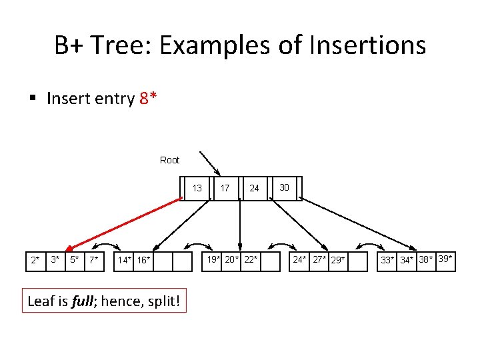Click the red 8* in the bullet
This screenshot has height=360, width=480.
149,99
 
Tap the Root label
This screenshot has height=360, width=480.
170,160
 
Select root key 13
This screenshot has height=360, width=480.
197,188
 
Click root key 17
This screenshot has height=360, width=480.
225,188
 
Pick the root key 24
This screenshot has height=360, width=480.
254,188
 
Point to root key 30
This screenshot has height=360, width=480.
284,187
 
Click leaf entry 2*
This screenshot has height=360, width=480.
35,259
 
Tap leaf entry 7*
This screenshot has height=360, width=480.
95,259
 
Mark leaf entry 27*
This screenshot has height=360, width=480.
319,259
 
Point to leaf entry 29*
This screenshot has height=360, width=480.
338,260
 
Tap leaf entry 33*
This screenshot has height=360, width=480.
387,260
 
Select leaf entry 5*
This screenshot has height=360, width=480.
75,259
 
